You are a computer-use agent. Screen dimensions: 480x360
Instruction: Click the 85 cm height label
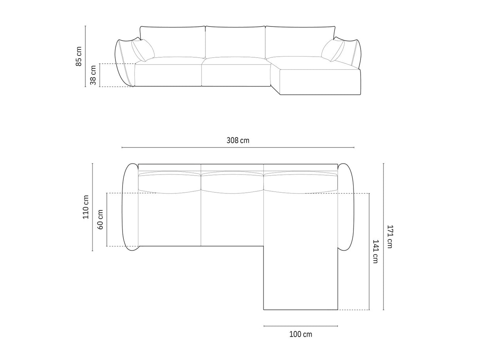79,56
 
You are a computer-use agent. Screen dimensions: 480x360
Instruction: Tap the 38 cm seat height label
93,75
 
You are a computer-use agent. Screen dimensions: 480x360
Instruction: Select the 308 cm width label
238,140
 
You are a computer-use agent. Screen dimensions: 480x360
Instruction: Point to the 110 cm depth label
85,207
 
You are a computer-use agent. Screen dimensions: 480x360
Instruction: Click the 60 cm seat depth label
100,220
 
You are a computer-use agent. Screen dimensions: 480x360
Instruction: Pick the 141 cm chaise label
376,252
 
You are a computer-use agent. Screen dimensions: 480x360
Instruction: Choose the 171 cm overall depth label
390,237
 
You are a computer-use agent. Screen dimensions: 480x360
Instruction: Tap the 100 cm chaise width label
300,334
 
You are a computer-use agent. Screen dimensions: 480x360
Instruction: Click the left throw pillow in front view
143,51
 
